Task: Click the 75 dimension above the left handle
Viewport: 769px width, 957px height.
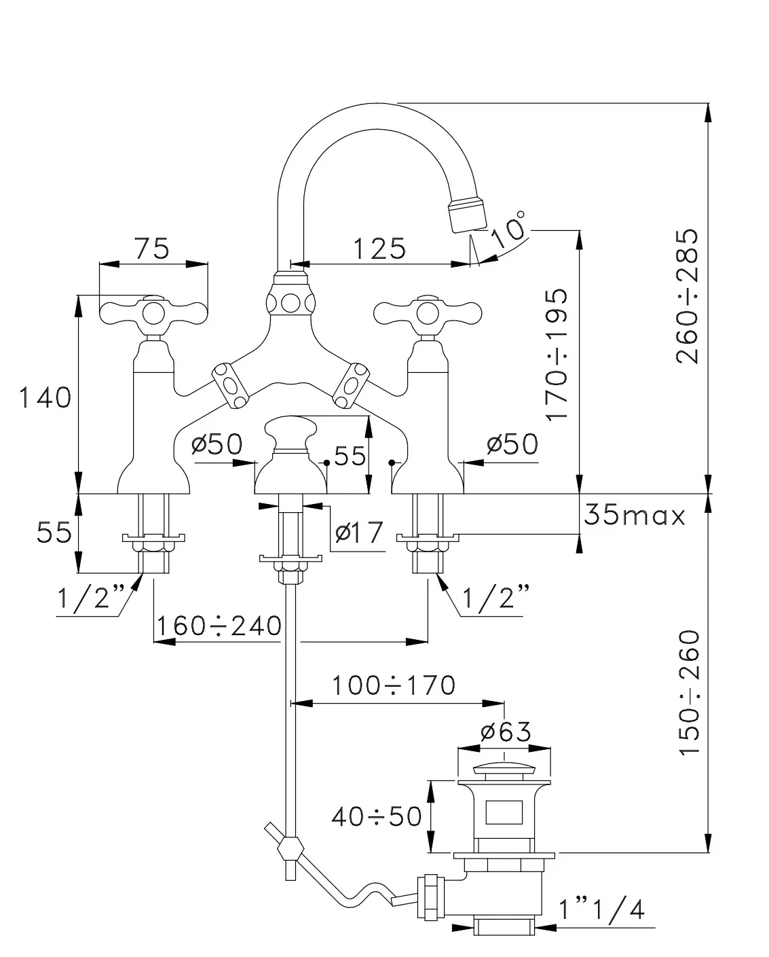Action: point(152,249)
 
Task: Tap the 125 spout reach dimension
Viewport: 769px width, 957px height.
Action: point(379,249)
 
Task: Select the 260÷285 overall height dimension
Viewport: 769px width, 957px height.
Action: point(687,297)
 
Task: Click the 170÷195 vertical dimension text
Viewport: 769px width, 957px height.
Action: point(557,355)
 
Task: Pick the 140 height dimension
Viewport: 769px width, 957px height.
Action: point(45,397)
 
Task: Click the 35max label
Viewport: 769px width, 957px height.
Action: point(635,515)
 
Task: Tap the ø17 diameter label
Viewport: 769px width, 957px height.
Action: point(359,532)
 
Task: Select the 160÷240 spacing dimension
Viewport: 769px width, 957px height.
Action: point(219,626)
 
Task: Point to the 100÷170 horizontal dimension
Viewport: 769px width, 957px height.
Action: point(394,685)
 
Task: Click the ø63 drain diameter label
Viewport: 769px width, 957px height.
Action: point(506,732)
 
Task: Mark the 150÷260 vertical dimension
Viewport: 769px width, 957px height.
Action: point(690,692)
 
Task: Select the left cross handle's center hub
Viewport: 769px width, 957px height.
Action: point(153,314)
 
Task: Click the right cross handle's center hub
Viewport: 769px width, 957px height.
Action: point(428,314)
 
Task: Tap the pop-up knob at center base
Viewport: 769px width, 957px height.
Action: point(290,433)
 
